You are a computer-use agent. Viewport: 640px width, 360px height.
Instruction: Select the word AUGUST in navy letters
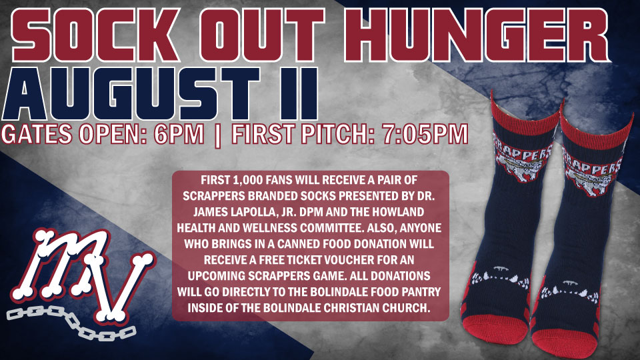131,94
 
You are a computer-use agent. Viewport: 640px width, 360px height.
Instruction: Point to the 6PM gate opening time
179,134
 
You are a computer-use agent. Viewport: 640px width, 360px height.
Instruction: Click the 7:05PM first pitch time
425,134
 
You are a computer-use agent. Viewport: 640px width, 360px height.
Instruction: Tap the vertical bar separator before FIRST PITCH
217,135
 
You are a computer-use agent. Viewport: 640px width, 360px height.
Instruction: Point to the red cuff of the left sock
525,116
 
